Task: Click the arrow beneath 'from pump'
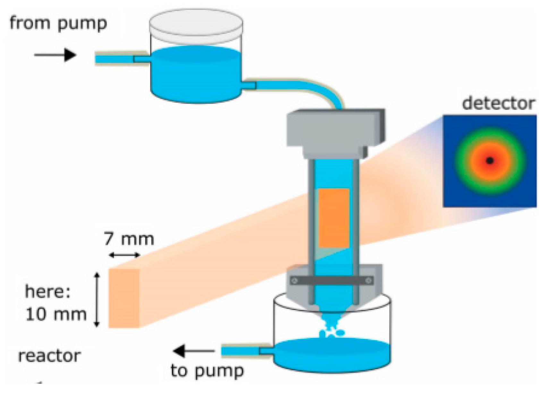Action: pos(55,55)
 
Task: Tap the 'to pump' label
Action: pos(207,371)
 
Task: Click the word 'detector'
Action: pos(498,103)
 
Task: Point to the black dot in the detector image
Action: pos(490,160)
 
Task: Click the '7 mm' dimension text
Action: pos(129,239)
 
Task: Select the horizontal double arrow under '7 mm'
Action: pos(124,255)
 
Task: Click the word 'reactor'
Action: pos(49,356)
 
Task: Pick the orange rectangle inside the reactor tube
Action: pos(334,218)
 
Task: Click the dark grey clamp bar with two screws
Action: pos(332,281)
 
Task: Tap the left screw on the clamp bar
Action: pos(294,281)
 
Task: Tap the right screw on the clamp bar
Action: pos(369,281)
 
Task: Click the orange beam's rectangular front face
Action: pos(124,298)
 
